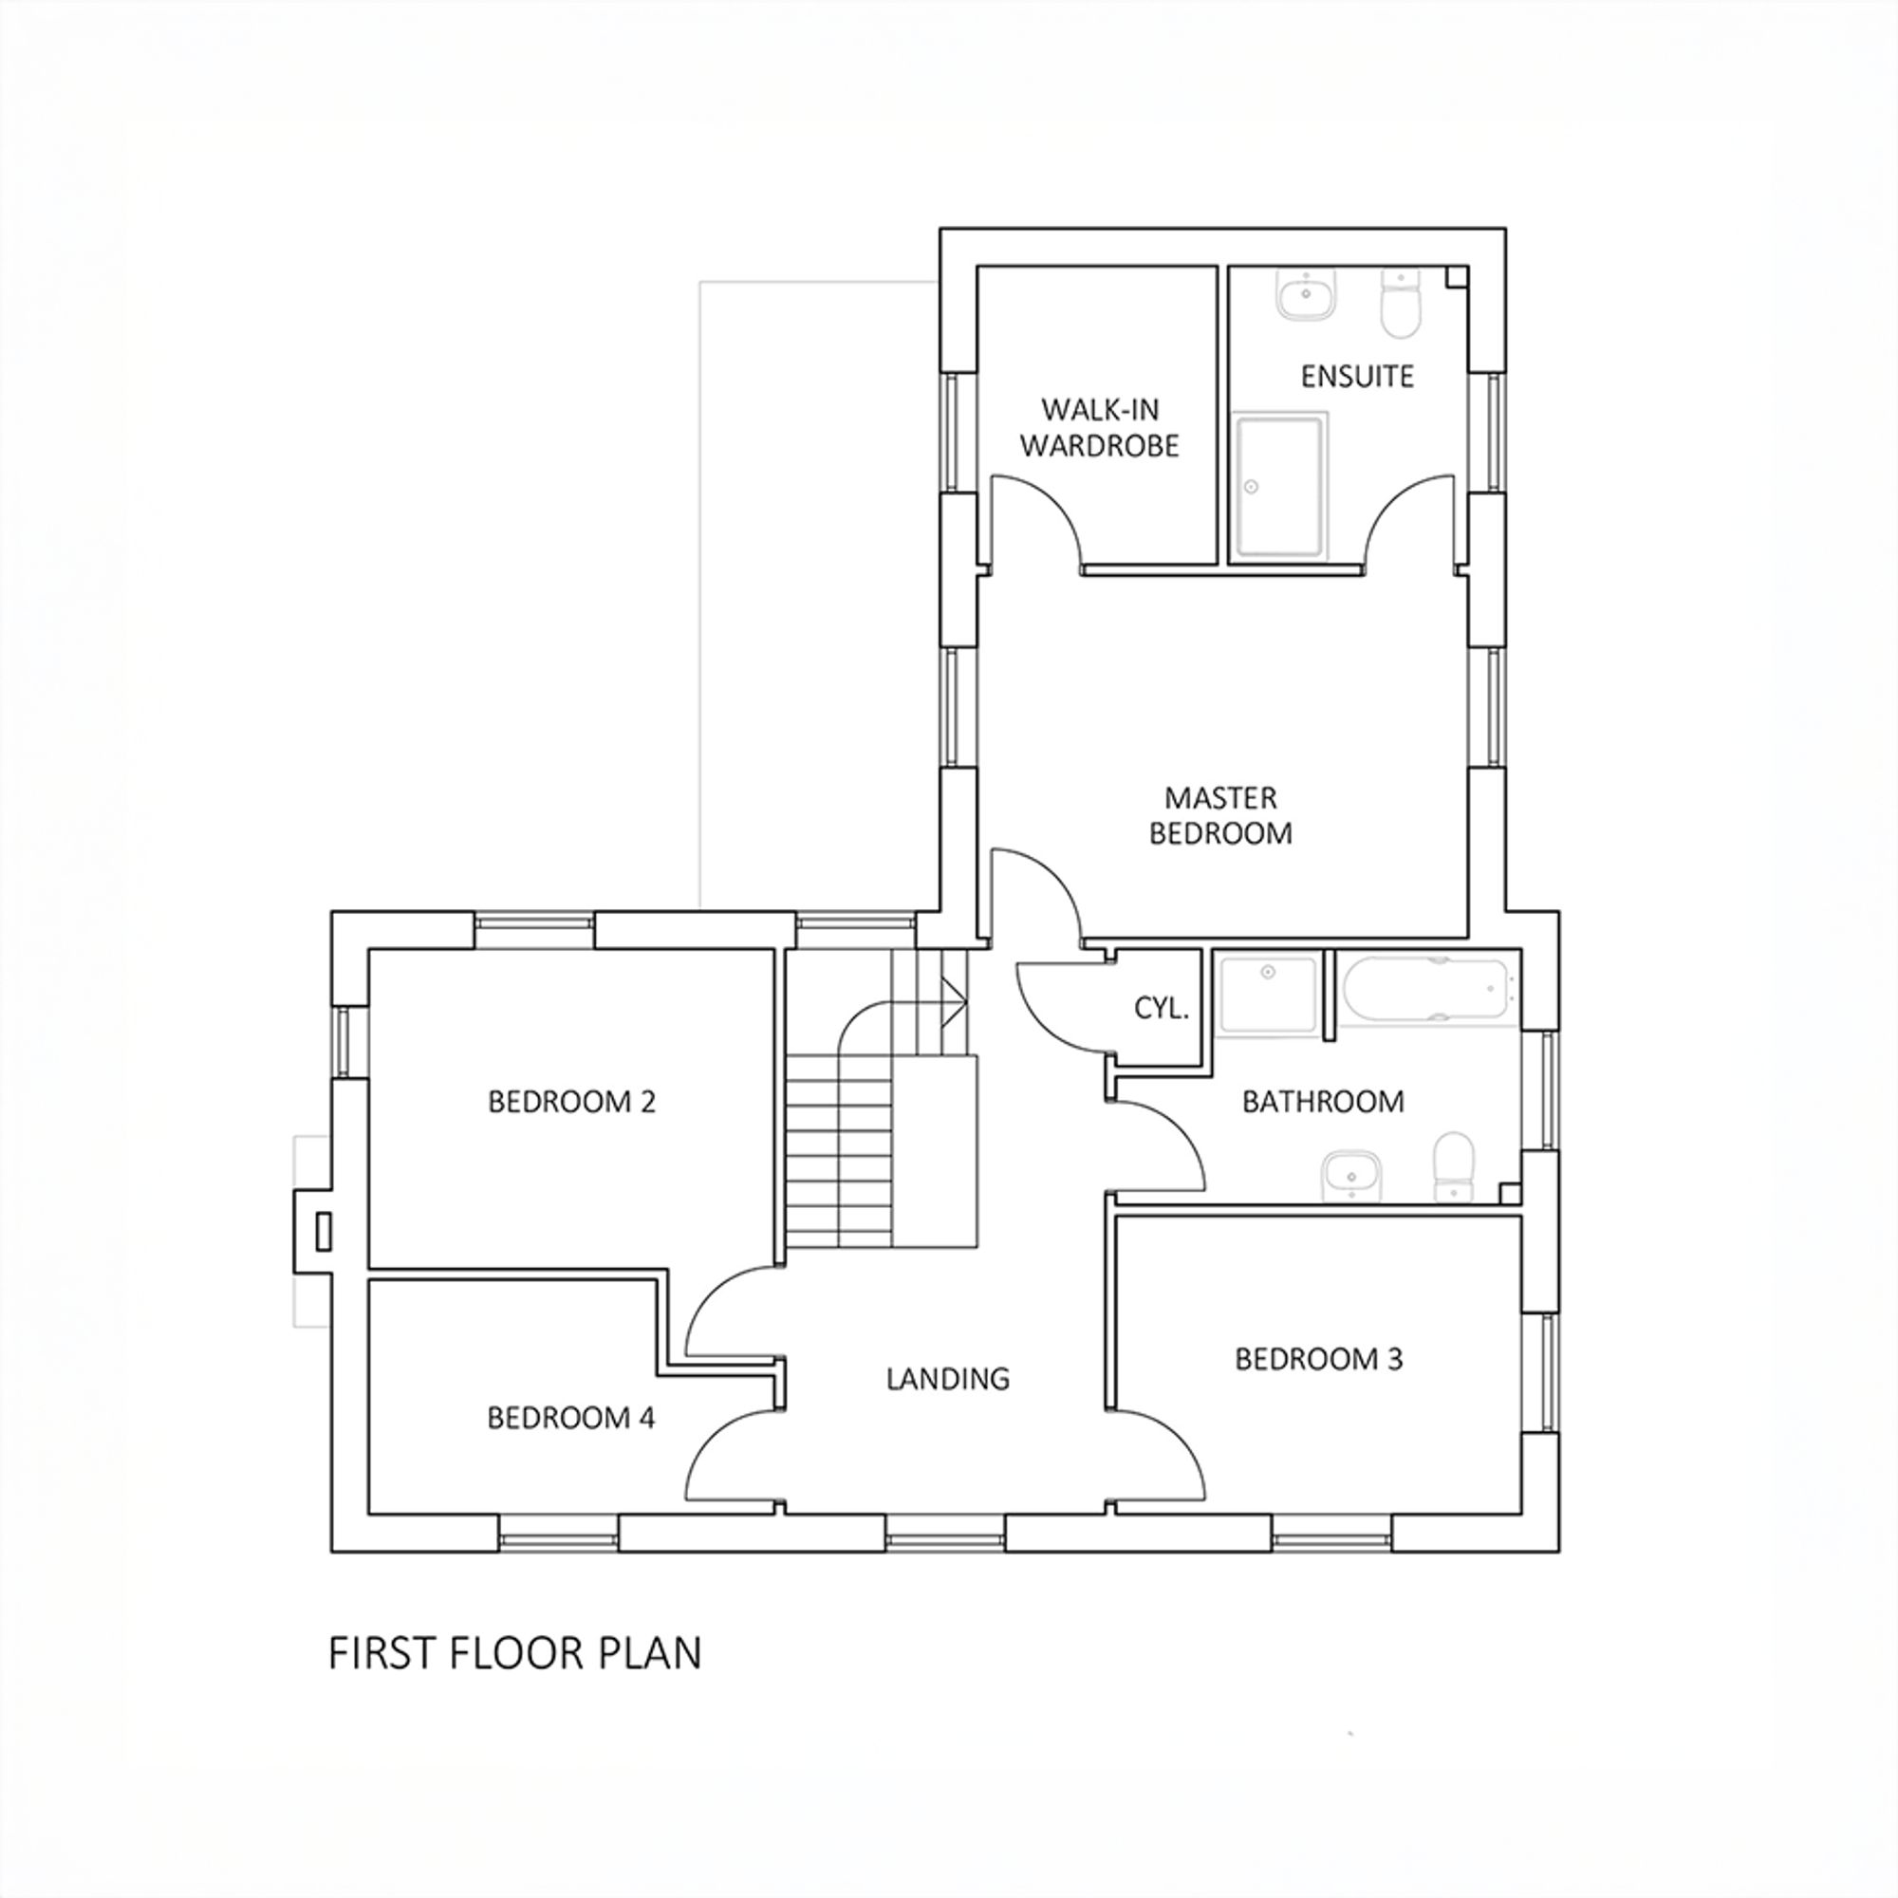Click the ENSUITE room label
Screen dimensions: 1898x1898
coord(1357,376)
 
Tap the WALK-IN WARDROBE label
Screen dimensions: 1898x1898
coord(1099,427)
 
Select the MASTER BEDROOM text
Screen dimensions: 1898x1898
coord(1220,815)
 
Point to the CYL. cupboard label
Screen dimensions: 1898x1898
coord(1162,1008)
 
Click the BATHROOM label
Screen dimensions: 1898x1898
coord(1322,1101)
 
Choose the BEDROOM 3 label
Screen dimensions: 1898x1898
coord(1318,1359)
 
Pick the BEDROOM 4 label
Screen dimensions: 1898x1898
coord(570,1418)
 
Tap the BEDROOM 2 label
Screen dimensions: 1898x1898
coord(571,1101)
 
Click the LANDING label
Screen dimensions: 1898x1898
coord(947,1378)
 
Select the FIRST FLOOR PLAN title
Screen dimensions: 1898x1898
coord(514,1653)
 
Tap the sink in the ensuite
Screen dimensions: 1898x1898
coord(1307,294)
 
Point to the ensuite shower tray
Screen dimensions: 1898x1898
coord(1279,485)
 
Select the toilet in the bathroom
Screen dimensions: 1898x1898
coord(1454,1166)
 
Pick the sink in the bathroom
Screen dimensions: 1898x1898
coord(1351,1174)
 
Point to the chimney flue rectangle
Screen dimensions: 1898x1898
coord(323,1231)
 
